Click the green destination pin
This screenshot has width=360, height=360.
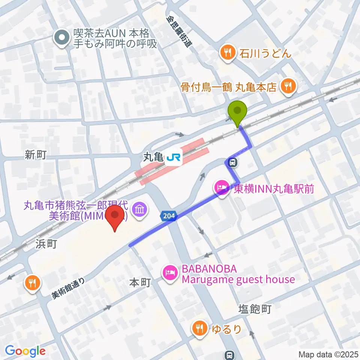tap(238, 111)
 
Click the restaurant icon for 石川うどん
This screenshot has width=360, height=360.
tap(227, 53)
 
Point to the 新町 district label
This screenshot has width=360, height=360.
tap(36, 155)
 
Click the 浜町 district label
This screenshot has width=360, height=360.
tap(46, 244)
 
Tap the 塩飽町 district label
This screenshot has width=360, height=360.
tap(255, 309)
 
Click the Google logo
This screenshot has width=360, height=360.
tap(25, 351)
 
